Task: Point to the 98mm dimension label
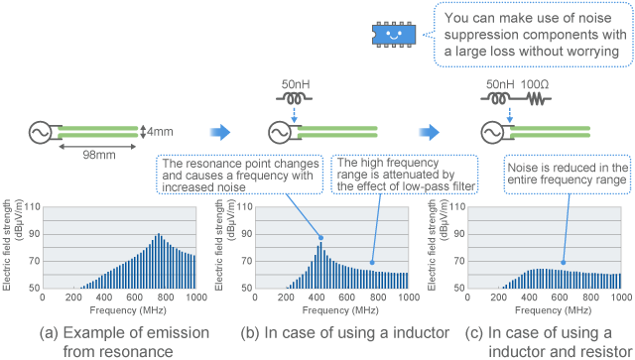pos(99,154)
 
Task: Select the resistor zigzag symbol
pos(539,99)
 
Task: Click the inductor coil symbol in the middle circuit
pos(293,99)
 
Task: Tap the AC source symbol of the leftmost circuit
pos(46,131)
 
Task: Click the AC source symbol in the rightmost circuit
pos(488,131)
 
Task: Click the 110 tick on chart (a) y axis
pos(32,207)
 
